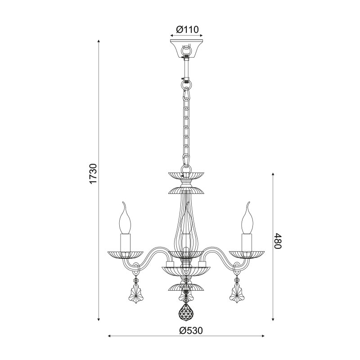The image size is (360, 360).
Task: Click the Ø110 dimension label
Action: [187, 30]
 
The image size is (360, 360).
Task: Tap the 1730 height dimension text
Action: [94, 174]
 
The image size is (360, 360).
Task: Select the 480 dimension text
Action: [278, 241]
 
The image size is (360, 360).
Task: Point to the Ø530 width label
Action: [191, 331]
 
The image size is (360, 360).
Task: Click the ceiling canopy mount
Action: [187, 49]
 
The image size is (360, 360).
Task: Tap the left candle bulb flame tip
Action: [123, 202]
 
